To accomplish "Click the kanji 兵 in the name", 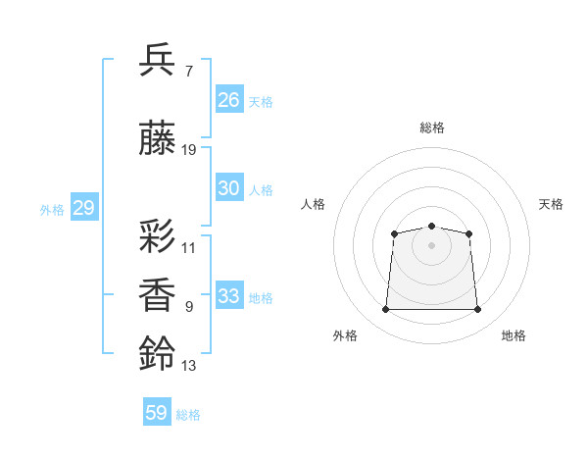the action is [157, 60].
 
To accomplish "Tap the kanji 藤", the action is [157, 137].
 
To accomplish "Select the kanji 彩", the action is [157, 235].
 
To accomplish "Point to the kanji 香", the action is [157, 294].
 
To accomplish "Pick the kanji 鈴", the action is [157, 353].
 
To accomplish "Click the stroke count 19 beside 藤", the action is [188, 150].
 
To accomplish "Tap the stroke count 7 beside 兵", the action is [189, 72].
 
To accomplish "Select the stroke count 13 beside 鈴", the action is [188, 366].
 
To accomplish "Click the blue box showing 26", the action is [229, 99].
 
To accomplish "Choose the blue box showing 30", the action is [229, 187].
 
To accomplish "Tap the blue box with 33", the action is [229, 294].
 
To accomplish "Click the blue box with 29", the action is [84, 207].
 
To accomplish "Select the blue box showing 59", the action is [157, 411].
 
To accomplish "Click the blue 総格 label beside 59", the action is [188, 415].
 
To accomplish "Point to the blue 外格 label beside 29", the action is [52, 210].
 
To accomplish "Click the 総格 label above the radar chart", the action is [432, 128].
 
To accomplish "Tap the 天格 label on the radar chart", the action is [551, 204].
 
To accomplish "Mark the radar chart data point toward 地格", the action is [477, 309].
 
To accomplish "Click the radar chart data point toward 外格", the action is [385, 309].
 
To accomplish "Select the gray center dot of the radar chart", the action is [431, 245].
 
